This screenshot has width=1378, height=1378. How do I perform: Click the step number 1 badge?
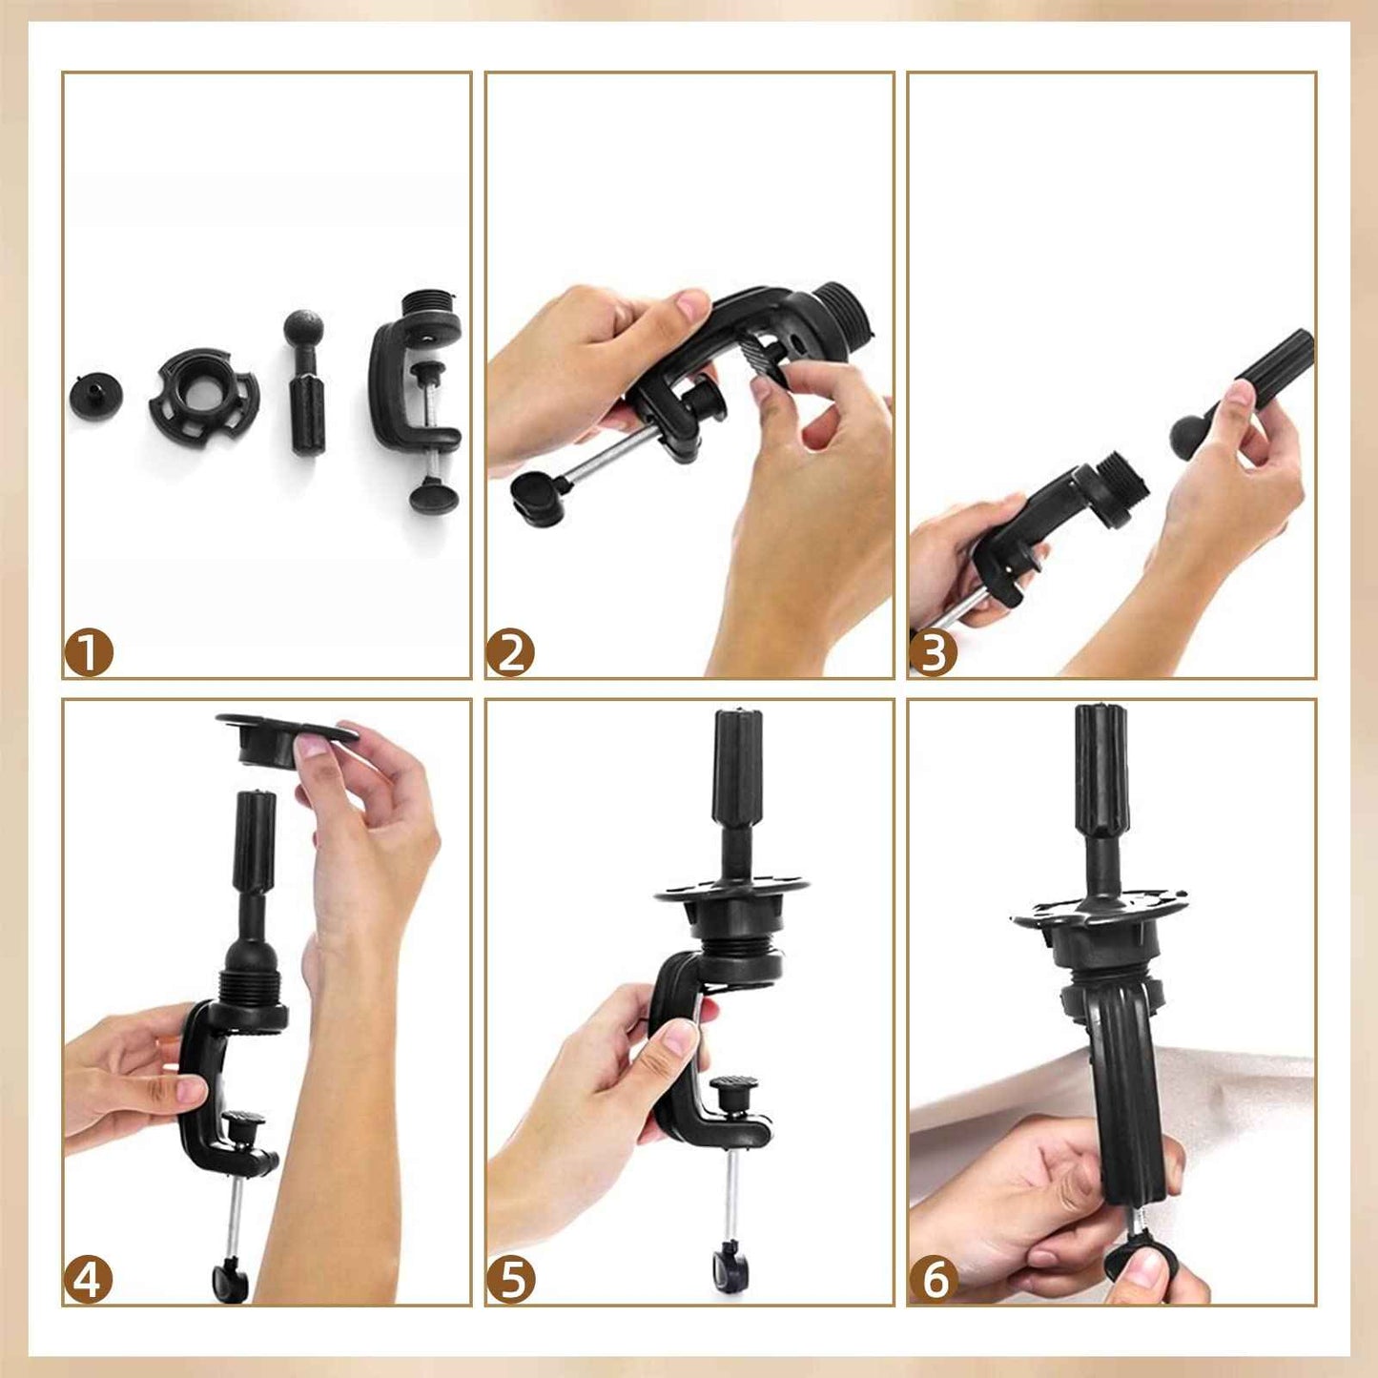(88, 653)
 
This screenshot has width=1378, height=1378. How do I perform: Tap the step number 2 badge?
(510, 653)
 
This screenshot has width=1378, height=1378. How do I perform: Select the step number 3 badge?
(933, 653)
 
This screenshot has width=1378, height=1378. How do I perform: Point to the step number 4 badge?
(88, 1280)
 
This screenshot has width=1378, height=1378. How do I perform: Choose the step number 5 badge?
(510, 1280)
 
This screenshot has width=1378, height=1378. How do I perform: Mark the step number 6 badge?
(933, 1280)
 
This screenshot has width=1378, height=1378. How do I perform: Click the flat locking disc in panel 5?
(732, 892)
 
